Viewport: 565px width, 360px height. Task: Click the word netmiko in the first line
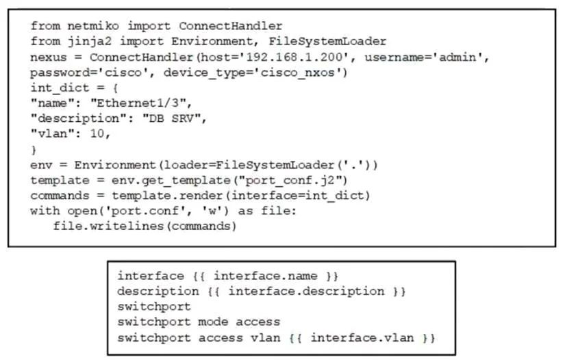pyautogui.click(x=93, y=26)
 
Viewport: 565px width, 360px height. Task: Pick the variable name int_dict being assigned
pyautogui.click(x=60, y=88)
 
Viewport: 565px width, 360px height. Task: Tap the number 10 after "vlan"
pyautogui.click(x=97, y=134)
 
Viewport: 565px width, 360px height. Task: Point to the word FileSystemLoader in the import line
pyautogui.click(x=327, y=41)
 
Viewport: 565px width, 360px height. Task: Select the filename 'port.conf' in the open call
pyautogui.click(x=145, y=211)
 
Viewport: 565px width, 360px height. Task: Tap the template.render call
pyautogui.click(x=167, y=196)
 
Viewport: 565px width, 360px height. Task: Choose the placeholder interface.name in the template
pyautogui.click(x=266, y=276)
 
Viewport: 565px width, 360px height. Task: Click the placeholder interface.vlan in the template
pyautogui.click(x=362, y=337)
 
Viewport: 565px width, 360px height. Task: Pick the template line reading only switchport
pyautogui.click(x=154, y=307)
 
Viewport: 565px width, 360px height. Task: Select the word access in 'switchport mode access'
pyautogui.click(x=258, y=322)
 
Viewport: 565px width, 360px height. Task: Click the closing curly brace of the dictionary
pyautogui.click(x=34, y=149)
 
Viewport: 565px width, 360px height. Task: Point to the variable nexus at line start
pyautogui.click(x=49, y=57)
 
